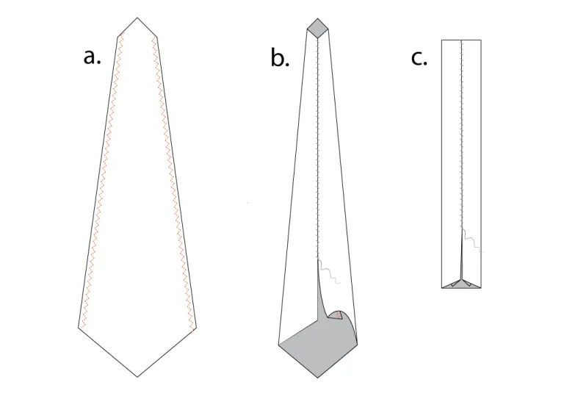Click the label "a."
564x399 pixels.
click(92, 57)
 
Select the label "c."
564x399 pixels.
click(419, 58)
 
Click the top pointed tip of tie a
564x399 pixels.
click(137, 18)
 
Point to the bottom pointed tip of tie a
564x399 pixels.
click(137, 377)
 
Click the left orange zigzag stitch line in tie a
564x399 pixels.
click(103, 180)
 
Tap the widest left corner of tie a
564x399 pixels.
click(79, 327)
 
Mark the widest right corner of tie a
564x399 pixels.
click(196, 328)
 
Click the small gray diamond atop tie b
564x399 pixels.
click(317, 28)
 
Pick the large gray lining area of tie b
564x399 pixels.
click(317, 345)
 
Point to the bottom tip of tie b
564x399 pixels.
click(317, 378)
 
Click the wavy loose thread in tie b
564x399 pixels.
click(328, 273)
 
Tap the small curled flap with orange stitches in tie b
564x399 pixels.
click(337, 315)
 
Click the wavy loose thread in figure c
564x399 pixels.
click(472, 240)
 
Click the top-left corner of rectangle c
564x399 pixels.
click(441, 40)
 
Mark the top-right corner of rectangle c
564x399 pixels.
click(481, 40)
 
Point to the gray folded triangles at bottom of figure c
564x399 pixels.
click(461, 284)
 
